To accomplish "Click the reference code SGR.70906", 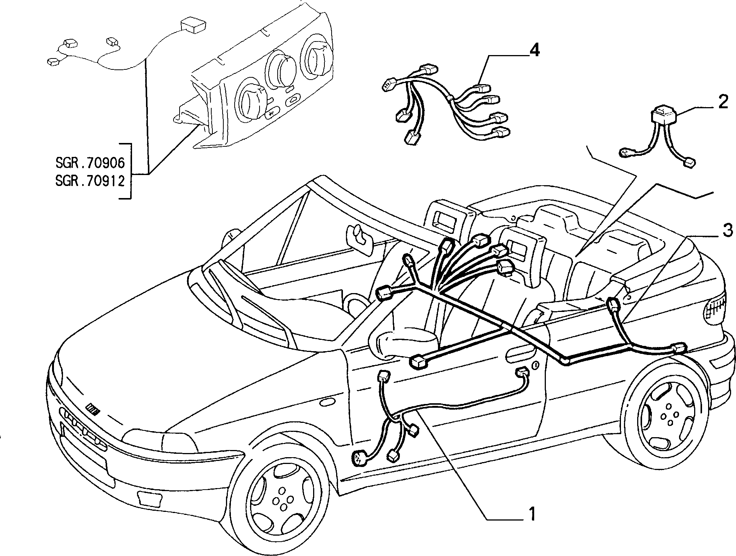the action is coord(90,163).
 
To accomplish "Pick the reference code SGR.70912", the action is coord(90,181).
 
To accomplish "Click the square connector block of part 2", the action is coord(663,114).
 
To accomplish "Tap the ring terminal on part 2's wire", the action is coord(627,153).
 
